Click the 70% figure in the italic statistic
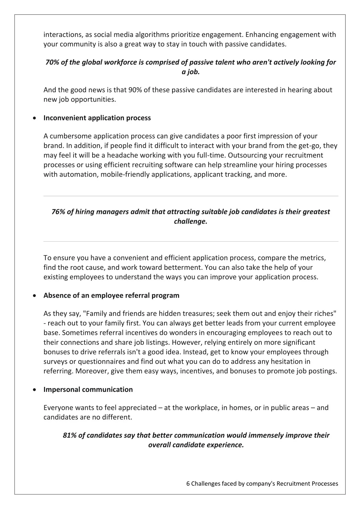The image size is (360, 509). pyautogui.click(x=52, y=62)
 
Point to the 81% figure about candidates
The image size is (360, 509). pyautogui.click(x=69, y=435)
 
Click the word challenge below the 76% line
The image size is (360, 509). pyautogui.click(x=190, y=222)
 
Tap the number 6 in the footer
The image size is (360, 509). pyautogui.click(x=188, y=484)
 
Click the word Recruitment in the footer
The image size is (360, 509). pyautogui.click(x=293, y=484)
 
